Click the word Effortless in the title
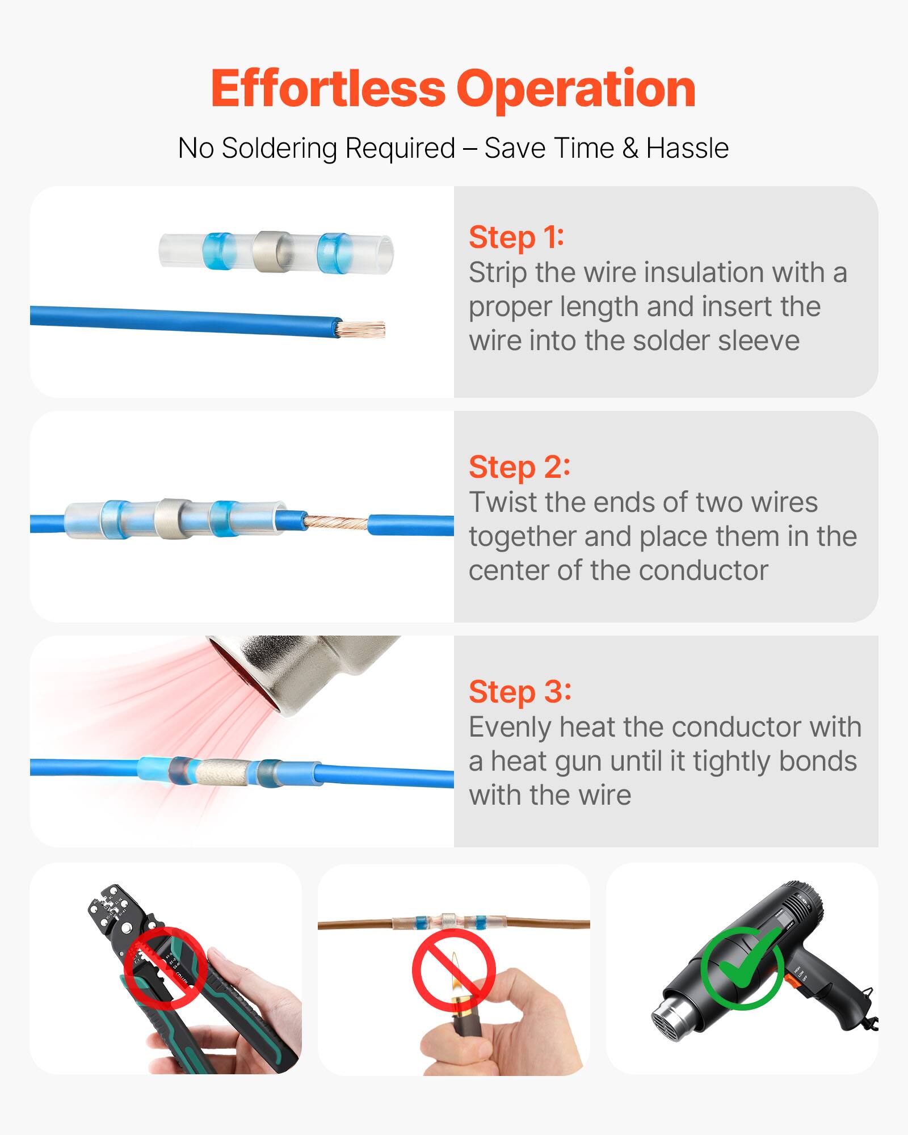click(328, 89)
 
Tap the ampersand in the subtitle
click(629, 149)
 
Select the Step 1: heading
click(516, 237)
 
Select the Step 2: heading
click(519, 467)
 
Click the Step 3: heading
click(519, 692)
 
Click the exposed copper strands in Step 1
click(361, 329)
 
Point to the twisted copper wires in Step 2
click(336, 522)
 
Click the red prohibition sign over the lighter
click(453, 970)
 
